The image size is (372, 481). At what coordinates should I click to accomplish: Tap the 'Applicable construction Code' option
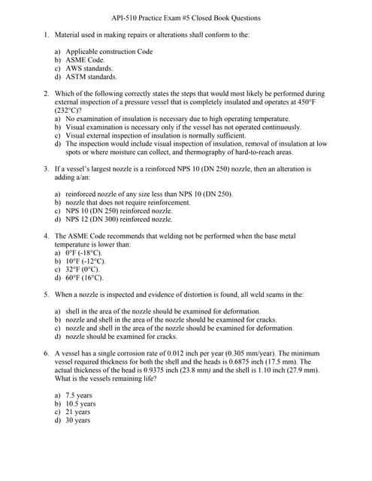[109, 51]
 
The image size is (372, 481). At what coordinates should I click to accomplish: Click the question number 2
[46, 94]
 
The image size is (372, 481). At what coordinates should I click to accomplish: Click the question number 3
[46, 169]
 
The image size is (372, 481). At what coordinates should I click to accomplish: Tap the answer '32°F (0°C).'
[83, 269]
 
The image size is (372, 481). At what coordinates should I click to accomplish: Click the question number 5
[46, 295]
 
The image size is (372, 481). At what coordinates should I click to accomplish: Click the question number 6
[46, 353]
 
